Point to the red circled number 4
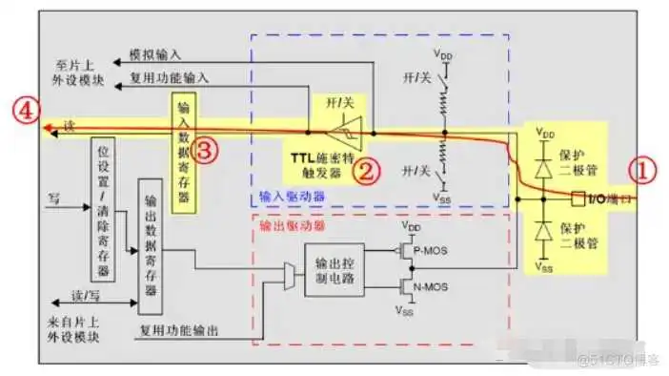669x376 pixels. click(26, 111)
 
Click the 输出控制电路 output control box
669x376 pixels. click(333, 269)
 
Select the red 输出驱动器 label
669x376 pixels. click(287, 230)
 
